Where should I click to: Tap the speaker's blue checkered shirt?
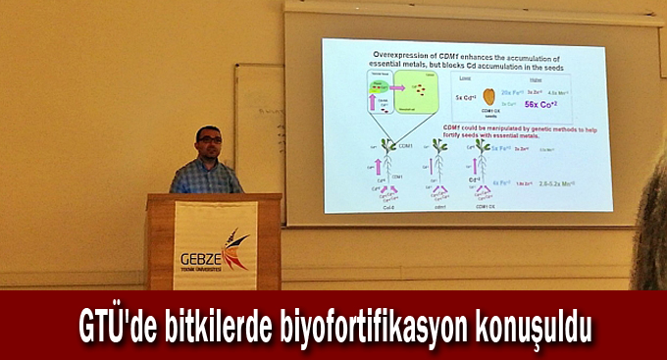coord(205,178)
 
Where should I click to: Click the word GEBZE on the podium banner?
coord(201,259)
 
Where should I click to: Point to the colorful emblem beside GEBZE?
coord(235,249)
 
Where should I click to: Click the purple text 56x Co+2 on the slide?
coord(540,104)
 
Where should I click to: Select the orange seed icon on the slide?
coord(488,96)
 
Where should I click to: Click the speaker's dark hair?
coord(207,130)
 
